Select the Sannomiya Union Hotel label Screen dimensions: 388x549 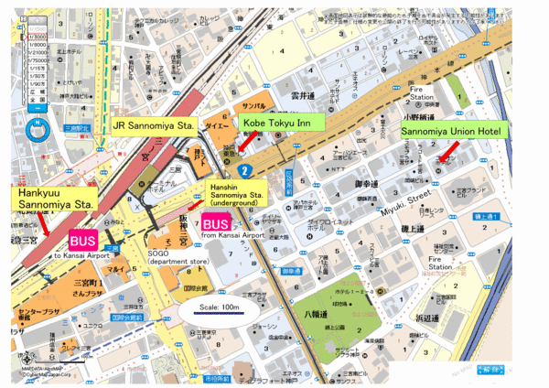point(450,132)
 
